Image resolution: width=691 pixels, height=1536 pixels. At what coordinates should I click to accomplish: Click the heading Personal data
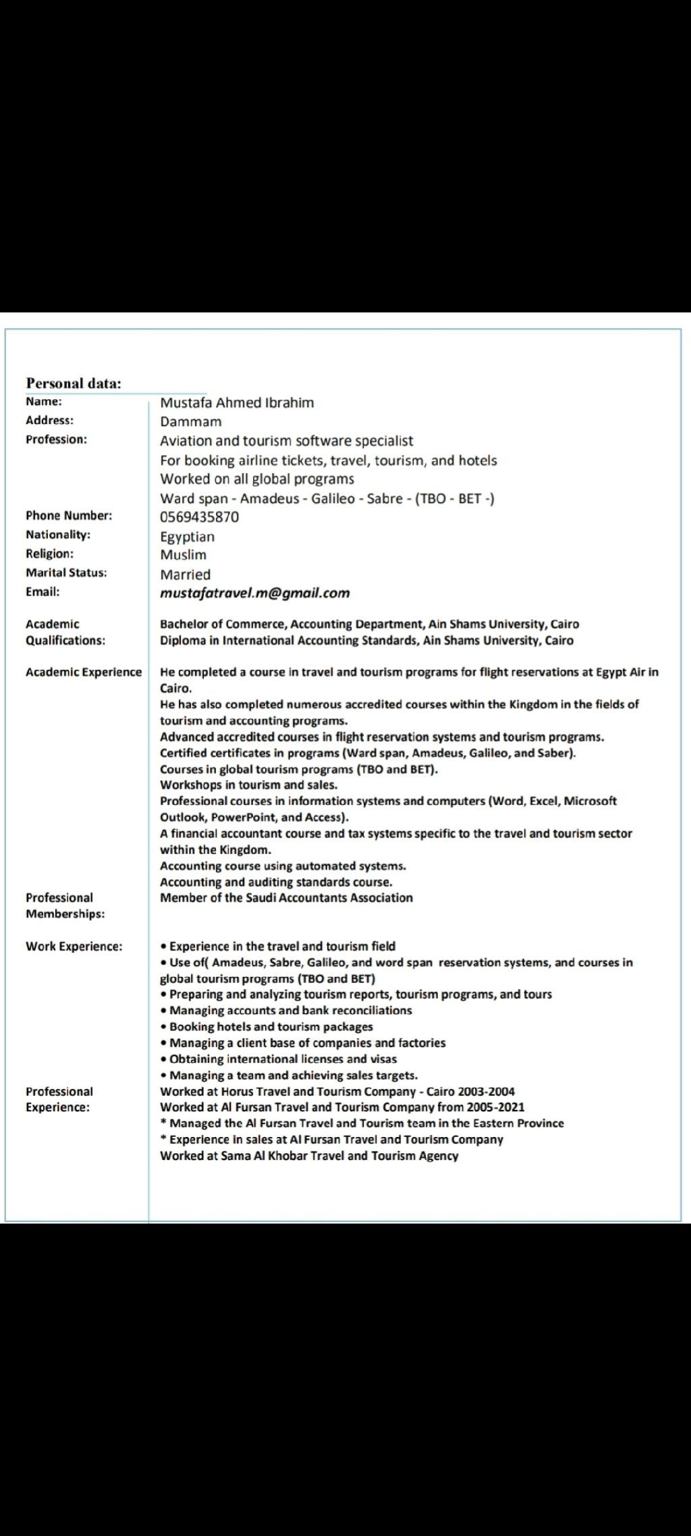74,383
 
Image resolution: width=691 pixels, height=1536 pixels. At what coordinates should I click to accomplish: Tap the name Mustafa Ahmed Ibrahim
237,403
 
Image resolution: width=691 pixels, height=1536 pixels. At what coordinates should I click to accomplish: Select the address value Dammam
190,422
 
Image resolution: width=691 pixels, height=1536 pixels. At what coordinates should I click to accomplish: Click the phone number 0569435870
199,517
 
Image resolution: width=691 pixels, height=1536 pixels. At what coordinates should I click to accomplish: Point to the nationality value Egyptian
187,537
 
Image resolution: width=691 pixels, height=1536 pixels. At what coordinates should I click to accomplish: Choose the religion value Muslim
183,555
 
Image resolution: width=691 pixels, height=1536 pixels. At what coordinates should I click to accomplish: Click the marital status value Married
185,575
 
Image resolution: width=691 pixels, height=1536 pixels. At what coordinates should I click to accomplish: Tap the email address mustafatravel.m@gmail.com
254,593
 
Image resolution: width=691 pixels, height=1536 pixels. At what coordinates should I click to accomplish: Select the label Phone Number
69,516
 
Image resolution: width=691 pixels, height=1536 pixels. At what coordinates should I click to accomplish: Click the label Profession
56,440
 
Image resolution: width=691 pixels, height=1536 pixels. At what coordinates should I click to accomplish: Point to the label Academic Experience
84,672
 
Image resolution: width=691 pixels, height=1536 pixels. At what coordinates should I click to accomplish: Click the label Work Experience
74,947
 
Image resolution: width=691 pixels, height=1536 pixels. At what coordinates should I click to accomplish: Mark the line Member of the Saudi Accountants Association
286,898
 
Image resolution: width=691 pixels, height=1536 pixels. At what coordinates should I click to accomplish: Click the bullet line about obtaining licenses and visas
283,1059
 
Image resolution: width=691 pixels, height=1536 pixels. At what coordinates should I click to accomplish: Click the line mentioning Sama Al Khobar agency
308,1156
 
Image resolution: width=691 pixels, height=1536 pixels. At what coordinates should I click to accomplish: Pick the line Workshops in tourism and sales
248,785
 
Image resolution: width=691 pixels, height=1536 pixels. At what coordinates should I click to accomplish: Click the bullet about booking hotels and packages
271,1027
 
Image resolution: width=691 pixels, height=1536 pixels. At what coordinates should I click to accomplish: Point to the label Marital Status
66,573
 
